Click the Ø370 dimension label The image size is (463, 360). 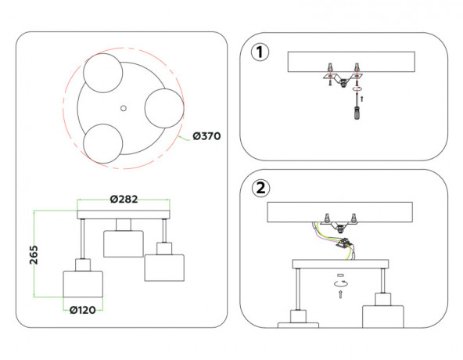tap(206, 136)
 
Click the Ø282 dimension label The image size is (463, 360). tap(124, 200)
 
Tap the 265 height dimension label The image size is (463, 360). tap(34, 255)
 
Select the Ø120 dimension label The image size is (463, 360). tap(83, 310)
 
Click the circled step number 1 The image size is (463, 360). tap(260, 52)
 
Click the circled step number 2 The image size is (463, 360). tap(260, 188)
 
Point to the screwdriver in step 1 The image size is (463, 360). tap(357, 106)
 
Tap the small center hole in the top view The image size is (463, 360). tap(124, 108)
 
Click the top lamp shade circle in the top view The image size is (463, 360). tap(102, 73)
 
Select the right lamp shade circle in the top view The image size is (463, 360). tap(164, 108)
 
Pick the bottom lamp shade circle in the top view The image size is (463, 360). tap(102, 144)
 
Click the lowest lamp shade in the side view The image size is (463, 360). tap(83, 284)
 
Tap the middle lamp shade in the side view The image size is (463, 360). tap(124, 244)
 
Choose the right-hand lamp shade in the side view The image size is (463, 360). tap(164, 268)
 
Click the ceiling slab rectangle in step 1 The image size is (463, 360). tap(351, 62)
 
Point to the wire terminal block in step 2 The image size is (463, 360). tap(343, 244)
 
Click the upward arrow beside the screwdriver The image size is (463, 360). tap(362, 99)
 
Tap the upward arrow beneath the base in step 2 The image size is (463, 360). tap(340, 294)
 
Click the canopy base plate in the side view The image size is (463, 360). tap(124, 215)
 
